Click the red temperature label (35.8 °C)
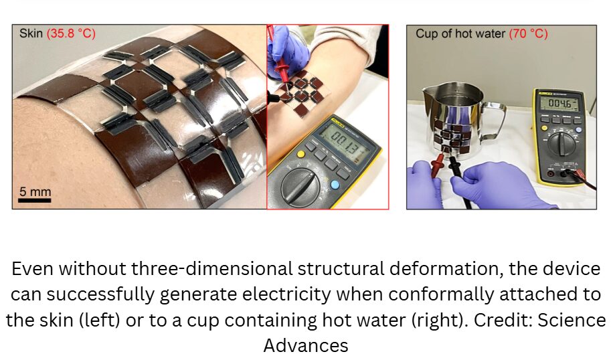pos(71,33)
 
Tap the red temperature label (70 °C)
pos(528,34)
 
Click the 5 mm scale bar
pos(35,201)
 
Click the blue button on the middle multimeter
pos(335,185)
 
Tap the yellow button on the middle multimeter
pos(300,155)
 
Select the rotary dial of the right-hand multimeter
pos(561,143)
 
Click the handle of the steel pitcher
pos(495,120)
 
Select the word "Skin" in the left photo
pos(31,33)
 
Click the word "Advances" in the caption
pos(306,345)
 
